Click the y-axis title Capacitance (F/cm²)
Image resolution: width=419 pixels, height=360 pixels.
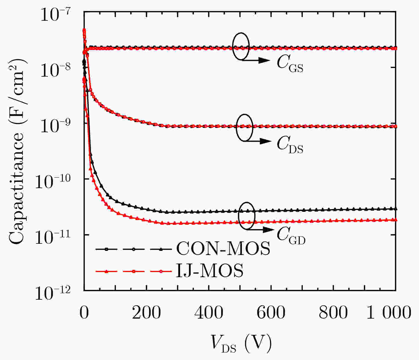[18, 151]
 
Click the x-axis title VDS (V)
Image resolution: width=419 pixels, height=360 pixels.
[241, 343]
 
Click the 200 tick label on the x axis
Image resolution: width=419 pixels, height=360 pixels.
[146, 313]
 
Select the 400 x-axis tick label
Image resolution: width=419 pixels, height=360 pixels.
[209, 313]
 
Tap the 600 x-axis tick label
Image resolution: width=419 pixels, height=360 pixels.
[271, 313]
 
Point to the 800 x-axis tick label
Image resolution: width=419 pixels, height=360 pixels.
[333, 313]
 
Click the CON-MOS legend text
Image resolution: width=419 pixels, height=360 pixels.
[223, 249]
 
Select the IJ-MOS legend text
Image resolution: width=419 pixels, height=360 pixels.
[210, 271]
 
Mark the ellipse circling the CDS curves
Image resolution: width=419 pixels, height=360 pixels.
[245, 127]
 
